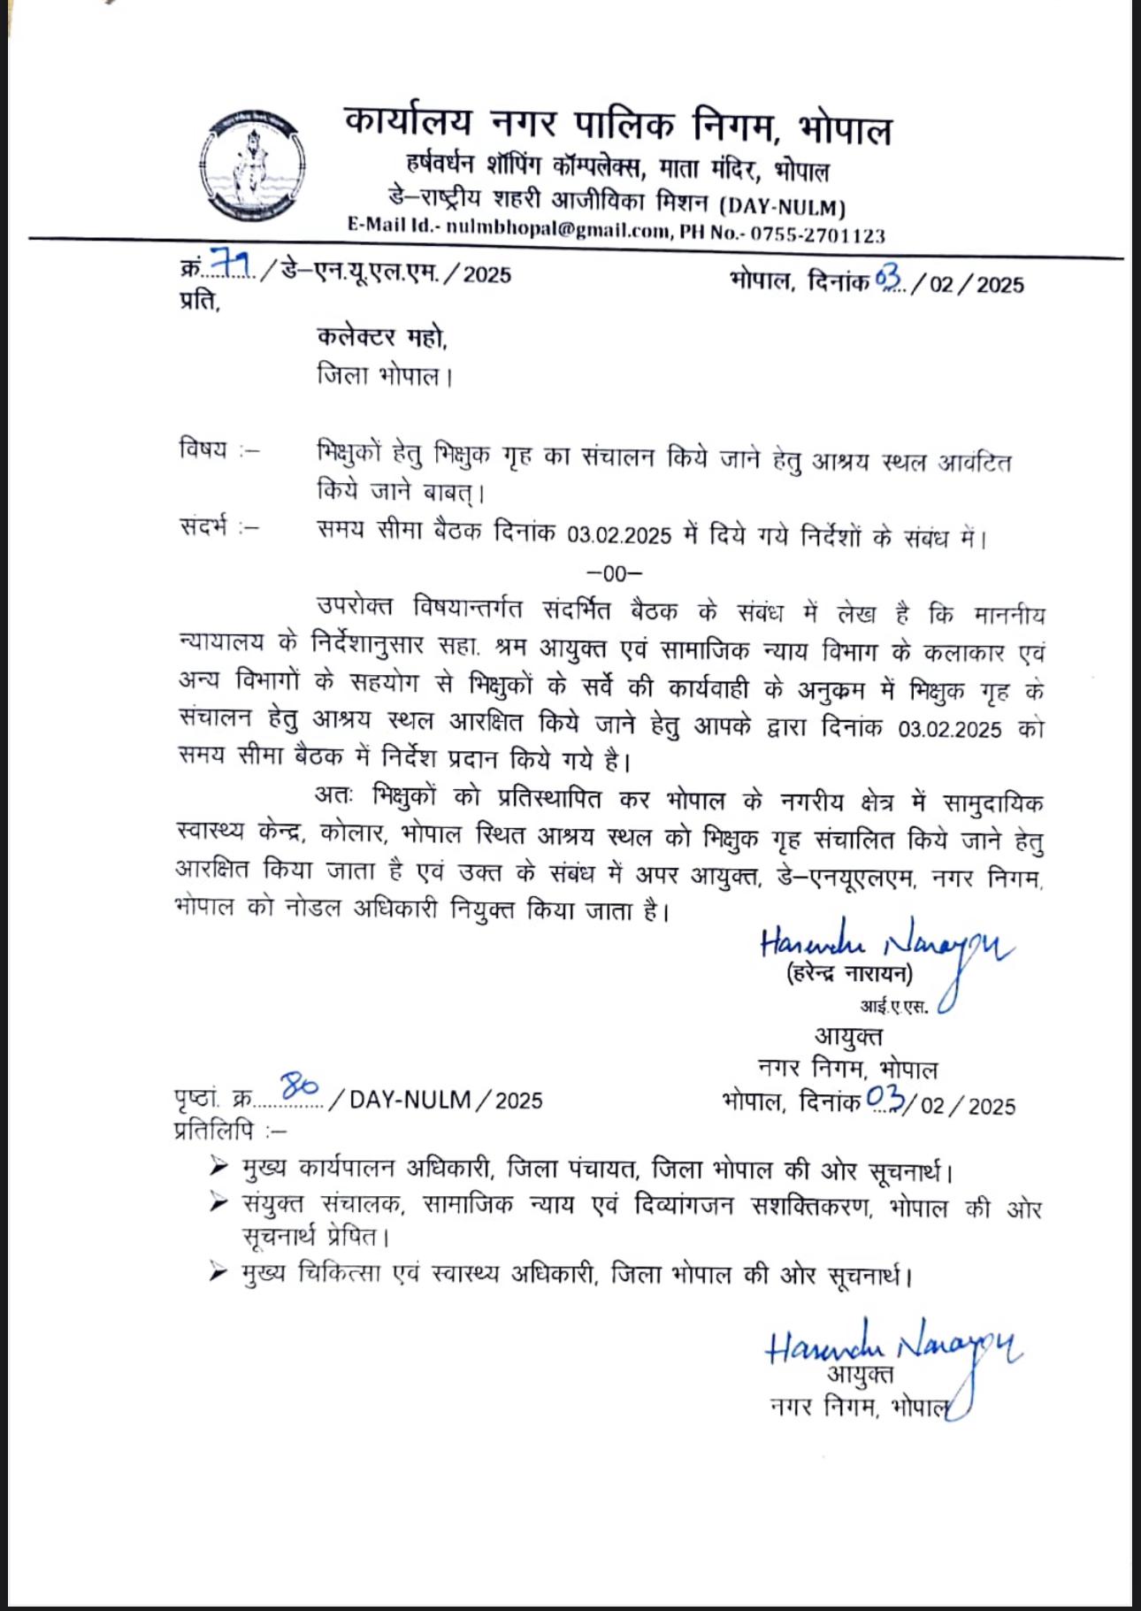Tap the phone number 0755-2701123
(x=817, y=234)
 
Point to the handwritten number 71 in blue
(x=232, y=264)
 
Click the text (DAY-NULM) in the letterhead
(x=782, y=207)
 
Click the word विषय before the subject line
(x=203, y=449)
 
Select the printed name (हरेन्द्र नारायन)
(x=848, y=973)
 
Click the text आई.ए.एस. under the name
(x=894, y=1006)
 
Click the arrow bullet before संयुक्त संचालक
(x=218, y=1202)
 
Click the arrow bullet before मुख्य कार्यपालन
(x=218, y=1167)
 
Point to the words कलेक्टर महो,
(x=382, y=337)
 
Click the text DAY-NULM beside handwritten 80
(x=410, y=1100)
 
